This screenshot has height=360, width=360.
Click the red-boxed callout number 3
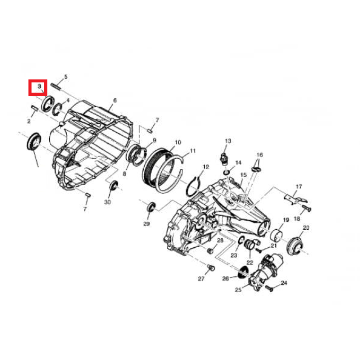pos(39,86)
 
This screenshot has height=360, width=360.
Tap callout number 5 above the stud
pos(66,77)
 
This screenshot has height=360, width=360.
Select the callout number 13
pos(228,141)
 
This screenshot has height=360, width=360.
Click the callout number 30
pos(107,202)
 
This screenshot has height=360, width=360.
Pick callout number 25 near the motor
pos(238,290)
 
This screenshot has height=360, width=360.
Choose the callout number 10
pos(178,142)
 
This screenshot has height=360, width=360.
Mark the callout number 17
pos(299,186)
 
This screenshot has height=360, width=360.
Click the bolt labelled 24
pos(269,288)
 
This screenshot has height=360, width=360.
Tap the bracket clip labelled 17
pos(295,199)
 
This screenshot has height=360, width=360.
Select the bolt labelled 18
pos(306,208)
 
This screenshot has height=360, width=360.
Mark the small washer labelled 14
pos(226,172)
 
